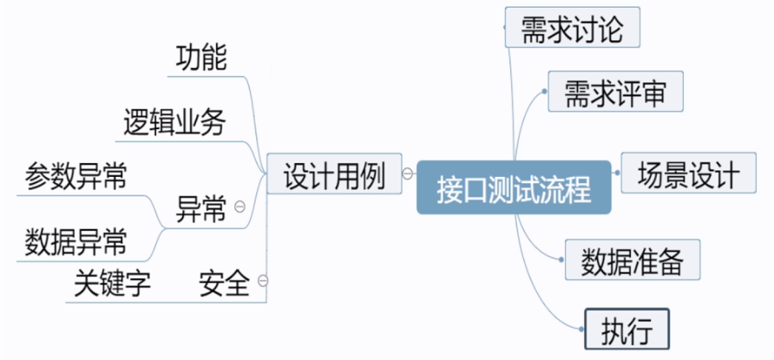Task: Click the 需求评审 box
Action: pyautogui.click(x=615, y=92)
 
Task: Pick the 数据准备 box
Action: pyautogui.click(x=633, y=259)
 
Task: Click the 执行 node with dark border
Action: pyautogui.click(x=626, y=330)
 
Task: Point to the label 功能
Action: pyautogui.click(x=200, y=58)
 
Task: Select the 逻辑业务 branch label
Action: pyautogui.click(x=172, y=123)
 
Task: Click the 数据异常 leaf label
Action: pyautogui.click(x=76, y=240)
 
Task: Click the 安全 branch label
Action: pyautogui.click(x=225, y=283)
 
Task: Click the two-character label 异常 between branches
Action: pyautogui.click(x=201, y=209)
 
